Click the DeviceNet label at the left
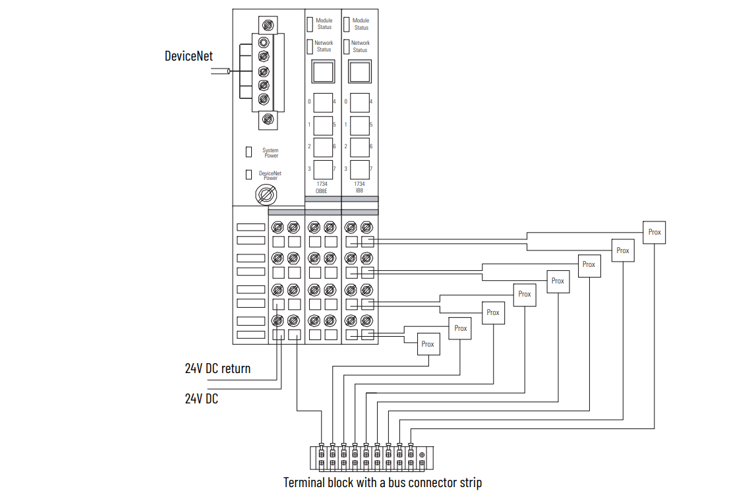189,56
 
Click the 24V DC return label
218,368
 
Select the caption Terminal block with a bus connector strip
382,482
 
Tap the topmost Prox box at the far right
654,232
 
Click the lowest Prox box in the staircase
428,344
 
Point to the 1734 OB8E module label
322,187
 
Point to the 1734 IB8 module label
359,187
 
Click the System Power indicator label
270,153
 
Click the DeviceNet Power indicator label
270,175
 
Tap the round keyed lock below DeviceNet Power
267,195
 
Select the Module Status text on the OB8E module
324,24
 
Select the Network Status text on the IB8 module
360,46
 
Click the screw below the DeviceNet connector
268,119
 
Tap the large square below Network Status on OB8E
323,71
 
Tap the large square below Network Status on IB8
359,71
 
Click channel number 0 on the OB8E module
309,102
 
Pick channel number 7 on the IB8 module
371,169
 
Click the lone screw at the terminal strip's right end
422,455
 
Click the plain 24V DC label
201,399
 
